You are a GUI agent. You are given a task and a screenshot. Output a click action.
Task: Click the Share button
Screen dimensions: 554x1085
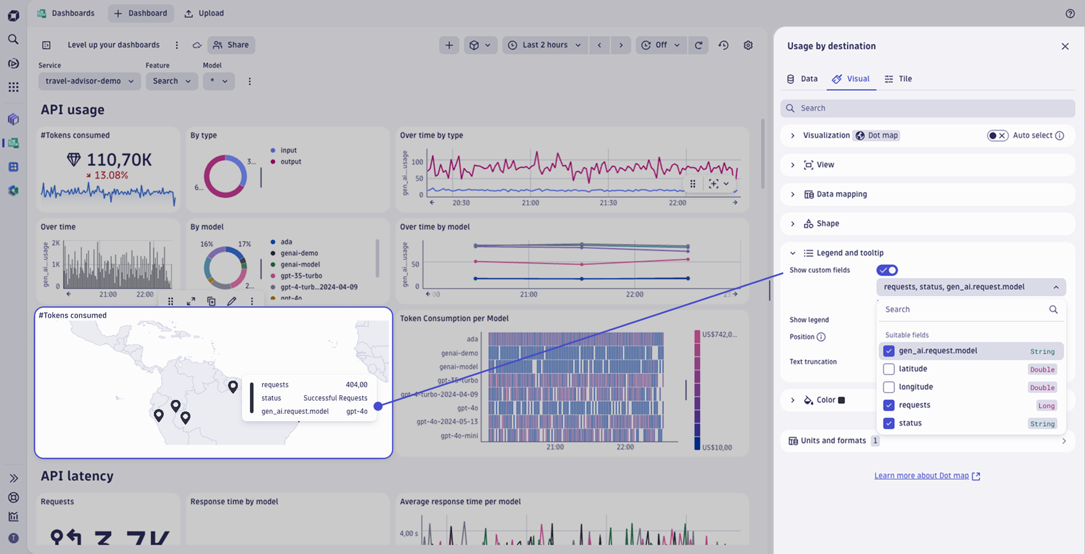click(x=231, y=45)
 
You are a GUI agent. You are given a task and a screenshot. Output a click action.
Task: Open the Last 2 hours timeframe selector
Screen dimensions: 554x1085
click(x=545, y=45)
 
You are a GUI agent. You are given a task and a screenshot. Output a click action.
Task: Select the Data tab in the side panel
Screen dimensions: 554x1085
click(x=802, y=79)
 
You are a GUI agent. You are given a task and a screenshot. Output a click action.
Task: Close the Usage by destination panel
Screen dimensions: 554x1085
click(x=1065, y=46)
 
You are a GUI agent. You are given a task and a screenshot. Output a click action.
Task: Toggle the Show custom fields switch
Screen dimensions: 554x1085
click(x=887, y=270)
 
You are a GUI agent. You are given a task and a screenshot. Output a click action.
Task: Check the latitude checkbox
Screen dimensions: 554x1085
click(x=889, y=369)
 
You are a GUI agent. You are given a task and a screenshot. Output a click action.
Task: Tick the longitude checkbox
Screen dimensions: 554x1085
click(x=889, y=387)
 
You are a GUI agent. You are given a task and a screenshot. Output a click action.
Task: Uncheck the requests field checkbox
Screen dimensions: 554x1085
click(x=889, y=405)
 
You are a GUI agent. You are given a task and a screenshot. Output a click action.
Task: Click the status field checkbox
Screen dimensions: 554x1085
click(x=889, y=423)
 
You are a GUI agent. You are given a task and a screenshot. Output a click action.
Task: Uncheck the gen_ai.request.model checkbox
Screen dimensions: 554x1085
click(x=889, y=351)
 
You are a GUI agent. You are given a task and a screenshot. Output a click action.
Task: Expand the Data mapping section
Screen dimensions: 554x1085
click(x=841, y=194)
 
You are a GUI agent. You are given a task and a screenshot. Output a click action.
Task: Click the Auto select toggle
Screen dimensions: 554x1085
click(x=997, y=136)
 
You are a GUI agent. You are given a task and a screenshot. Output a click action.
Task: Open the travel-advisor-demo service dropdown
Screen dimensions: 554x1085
click(x=89, y=81)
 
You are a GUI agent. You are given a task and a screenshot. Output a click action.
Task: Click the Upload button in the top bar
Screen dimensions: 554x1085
click(x=204, y=14)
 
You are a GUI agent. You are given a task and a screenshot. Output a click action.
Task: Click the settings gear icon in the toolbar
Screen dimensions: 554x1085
click(x=748, y=45)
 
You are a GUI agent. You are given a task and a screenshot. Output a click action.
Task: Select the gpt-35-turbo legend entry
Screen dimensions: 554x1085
click(x=301, y=276)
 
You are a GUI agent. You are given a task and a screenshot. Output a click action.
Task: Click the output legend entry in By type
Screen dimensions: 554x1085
click(x=290, y=162)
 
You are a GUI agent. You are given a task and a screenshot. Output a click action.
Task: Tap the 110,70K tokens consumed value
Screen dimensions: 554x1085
click(x=119, y=160)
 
